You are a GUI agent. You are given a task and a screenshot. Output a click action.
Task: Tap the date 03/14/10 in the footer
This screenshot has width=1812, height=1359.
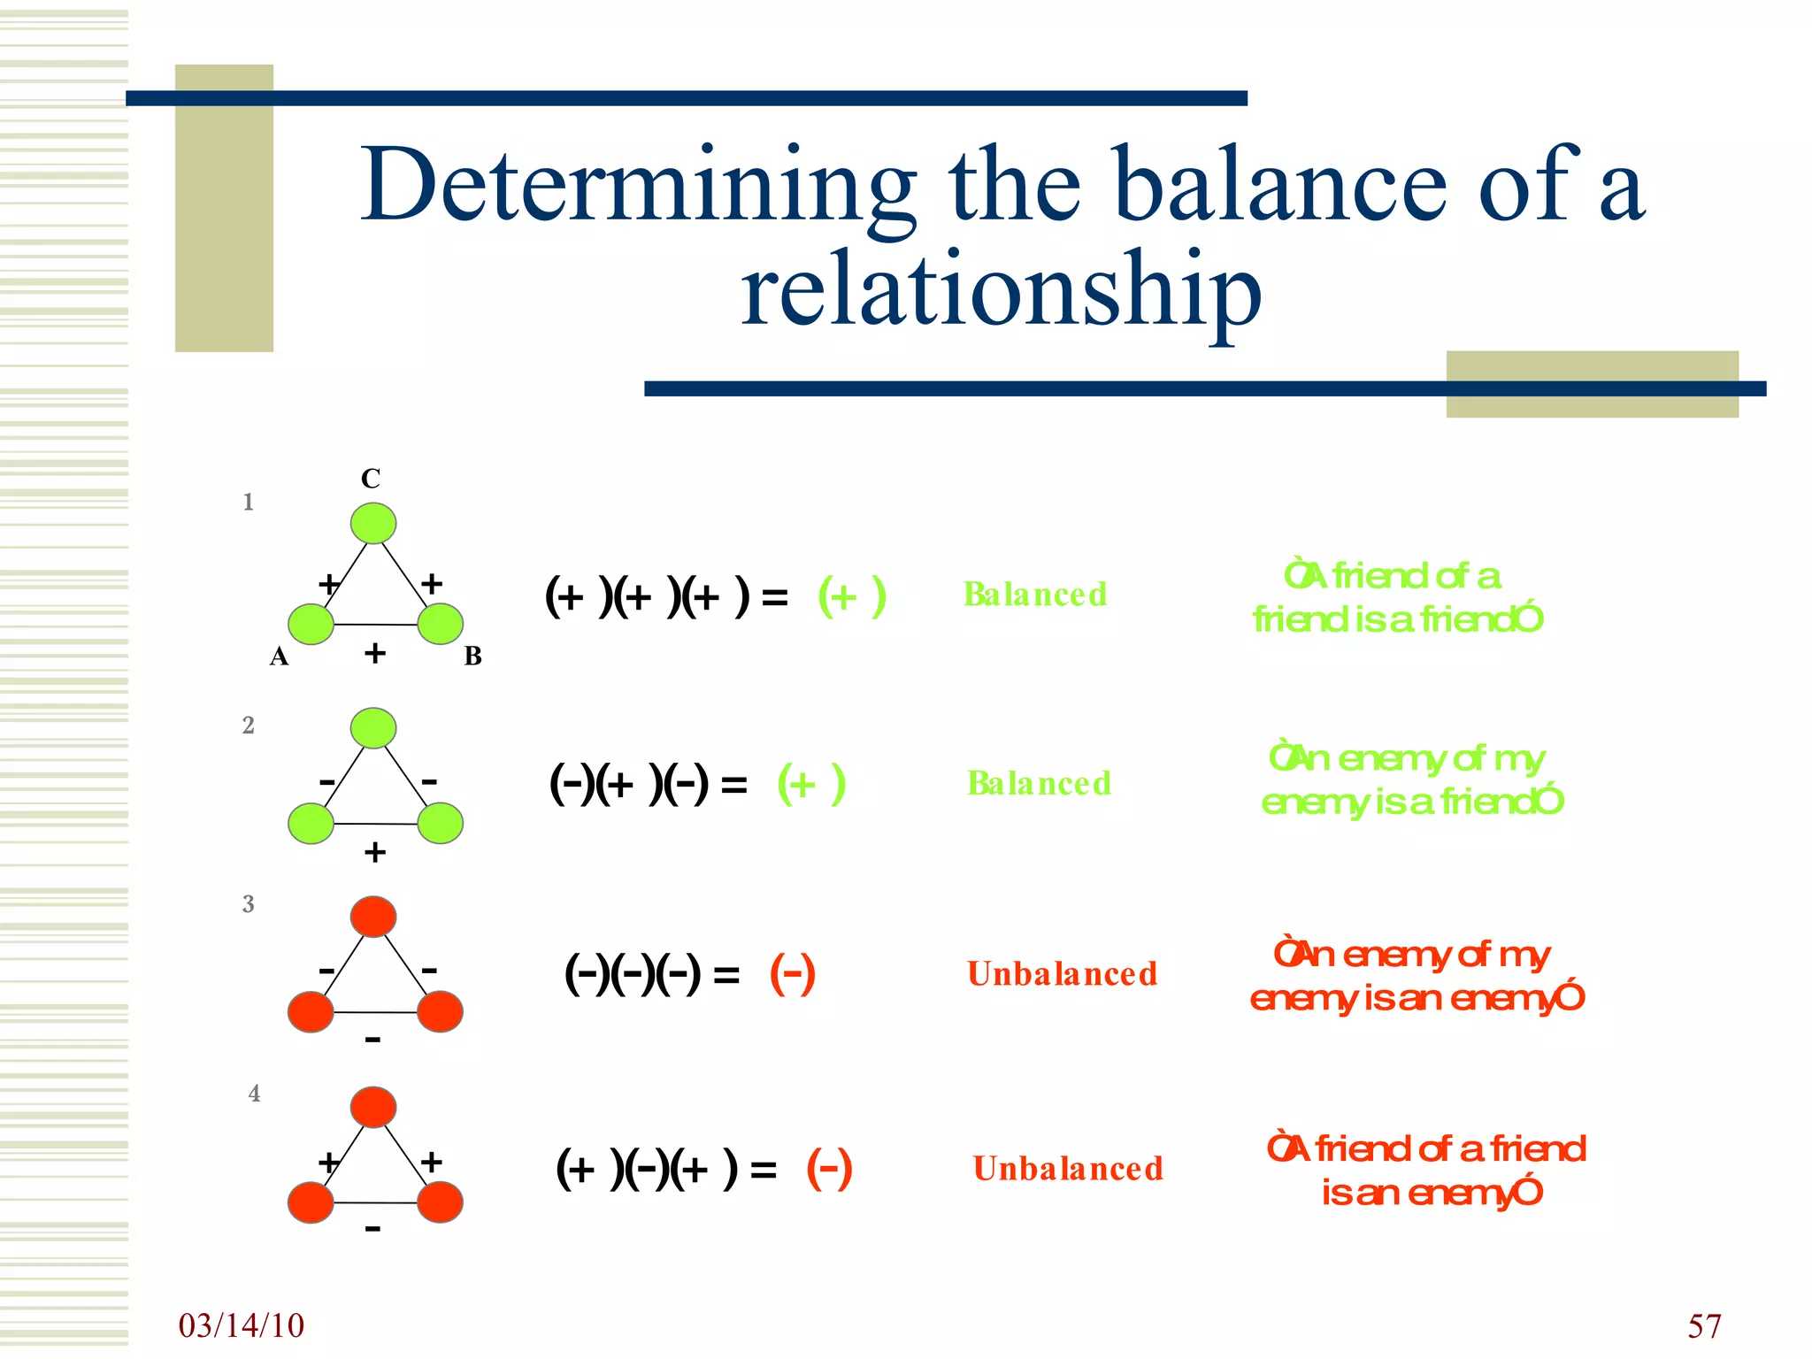(241, 1325)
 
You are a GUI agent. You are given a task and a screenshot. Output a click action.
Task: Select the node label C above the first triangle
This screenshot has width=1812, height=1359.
(371, 479)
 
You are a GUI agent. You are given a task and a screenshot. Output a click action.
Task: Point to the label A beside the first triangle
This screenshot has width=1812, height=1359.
(279, 656)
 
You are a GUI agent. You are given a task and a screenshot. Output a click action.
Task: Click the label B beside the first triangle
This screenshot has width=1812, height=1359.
(473, 656)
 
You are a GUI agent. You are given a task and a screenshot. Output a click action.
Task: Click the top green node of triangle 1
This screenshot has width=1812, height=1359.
(373, 523)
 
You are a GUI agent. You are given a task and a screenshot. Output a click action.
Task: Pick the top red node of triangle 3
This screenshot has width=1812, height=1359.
(373, 917)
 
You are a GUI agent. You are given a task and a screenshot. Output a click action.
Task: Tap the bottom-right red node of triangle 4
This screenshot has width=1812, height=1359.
(440, 1202)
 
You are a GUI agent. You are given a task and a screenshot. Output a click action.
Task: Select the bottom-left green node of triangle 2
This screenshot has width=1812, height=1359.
(311, 824)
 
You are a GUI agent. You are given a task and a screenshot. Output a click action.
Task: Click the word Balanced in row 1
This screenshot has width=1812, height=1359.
(1034, 595)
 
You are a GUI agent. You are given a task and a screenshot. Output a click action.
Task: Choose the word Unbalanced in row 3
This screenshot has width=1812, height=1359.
(1062, 974)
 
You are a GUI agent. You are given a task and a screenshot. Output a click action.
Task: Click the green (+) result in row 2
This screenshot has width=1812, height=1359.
(811, 784)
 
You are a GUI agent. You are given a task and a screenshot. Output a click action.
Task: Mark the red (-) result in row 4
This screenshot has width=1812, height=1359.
(829, 1169)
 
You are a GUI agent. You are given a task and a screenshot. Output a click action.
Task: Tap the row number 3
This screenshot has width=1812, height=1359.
(249, 904)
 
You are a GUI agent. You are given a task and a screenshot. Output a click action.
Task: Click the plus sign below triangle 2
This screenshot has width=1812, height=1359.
(375, 852)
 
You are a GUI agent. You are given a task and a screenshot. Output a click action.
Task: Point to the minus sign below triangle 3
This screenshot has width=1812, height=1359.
(373, 1040)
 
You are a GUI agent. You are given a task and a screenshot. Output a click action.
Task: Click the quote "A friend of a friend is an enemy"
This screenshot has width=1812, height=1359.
(1426, 1171)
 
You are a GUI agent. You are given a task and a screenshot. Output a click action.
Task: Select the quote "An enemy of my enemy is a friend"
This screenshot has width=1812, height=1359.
(1412, 779)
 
